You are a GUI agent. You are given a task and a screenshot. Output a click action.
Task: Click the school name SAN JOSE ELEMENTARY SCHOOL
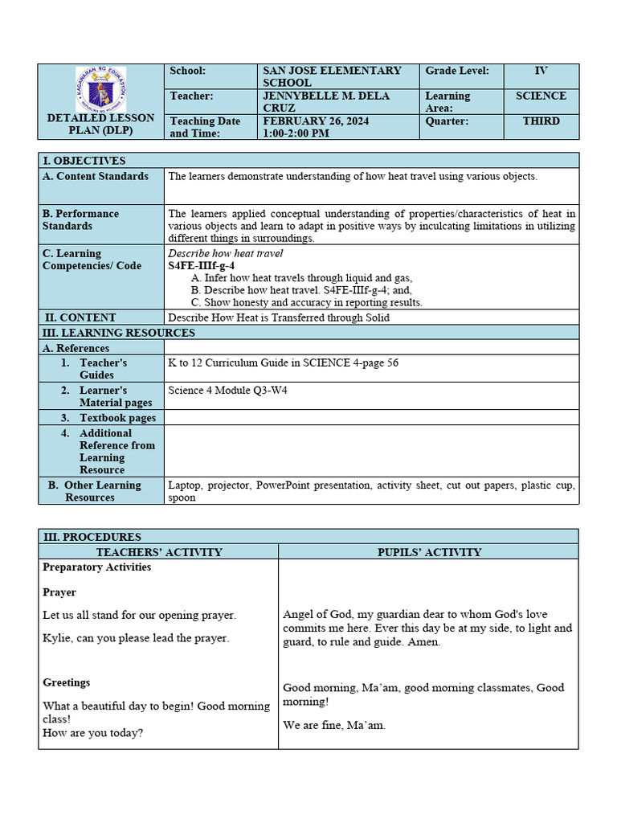tap(331, 76)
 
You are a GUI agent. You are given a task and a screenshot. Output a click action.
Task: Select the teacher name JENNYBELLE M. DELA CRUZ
tap(325, 101)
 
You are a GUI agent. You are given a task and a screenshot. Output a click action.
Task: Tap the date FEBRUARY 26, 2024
tap(316, 121)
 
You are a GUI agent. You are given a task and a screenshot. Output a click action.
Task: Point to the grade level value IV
tap(541, 71)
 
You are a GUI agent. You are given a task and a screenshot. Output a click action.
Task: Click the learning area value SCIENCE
tap(541, 96)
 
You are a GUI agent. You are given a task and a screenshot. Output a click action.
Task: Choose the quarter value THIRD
tap(541, 121)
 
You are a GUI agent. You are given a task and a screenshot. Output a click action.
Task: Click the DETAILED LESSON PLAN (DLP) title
tap(100, 125)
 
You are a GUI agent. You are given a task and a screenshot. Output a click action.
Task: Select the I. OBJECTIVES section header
tap(84, 161)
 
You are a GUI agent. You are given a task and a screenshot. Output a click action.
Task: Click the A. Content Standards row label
tap(96, 176)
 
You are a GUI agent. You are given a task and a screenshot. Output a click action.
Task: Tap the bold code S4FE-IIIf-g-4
tap(201, 266)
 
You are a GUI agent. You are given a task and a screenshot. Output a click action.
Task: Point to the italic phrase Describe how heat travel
tap(225, 254)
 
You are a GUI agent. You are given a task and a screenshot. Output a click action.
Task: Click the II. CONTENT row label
tap(80, 317)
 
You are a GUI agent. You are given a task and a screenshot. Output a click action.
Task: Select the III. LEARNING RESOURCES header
tap(118, 333)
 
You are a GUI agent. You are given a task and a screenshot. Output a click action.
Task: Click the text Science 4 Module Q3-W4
tap(227, 391)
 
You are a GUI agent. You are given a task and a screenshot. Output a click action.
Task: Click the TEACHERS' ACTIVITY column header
tap(159, 552)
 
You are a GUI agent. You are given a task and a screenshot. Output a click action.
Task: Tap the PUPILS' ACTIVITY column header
tap(429, 552)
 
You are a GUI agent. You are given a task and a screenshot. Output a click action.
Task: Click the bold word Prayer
tap(59, 592)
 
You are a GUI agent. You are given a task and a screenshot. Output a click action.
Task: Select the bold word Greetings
tap(67, 682)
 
